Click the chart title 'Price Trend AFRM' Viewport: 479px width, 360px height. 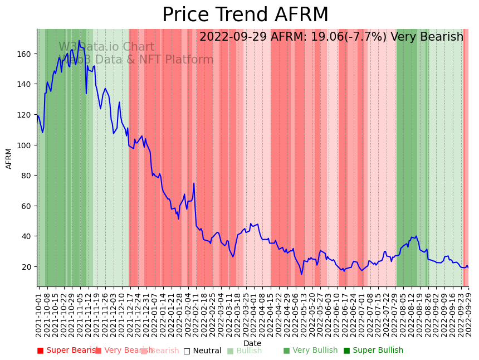tap(245, 15)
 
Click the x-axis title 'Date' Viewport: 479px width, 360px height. tap(252, 343)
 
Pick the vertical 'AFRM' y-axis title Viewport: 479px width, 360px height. tap(9, 158)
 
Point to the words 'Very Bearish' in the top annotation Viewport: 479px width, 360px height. tap(427, 37)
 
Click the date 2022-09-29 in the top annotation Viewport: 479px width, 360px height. tap(233, 37)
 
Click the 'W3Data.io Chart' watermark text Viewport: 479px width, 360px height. tap(106, 47)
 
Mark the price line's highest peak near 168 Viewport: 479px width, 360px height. tap(79, 41)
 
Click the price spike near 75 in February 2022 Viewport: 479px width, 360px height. tap(194, 183)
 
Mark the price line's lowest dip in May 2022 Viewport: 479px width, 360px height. tap(301, 274)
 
